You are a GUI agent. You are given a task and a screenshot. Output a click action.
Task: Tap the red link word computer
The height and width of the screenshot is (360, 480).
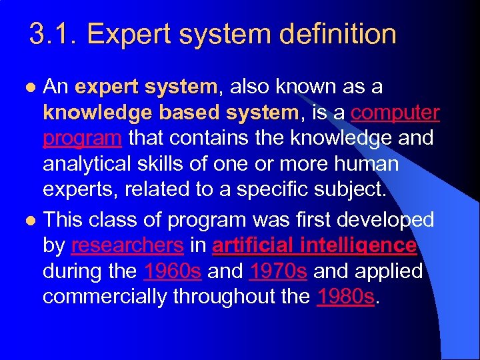coord(395,113)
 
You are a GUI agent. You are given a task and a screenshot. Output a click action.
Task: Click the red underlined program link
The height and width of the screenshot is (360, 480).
coord(82,138)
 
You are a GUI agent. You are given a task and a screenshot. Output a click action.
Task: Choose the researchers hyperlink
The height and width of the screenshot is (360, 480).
coord(127,245)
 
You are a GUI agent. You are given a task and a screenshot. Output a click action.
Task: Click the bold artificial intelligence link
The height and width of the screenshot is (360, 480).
coord(314,245)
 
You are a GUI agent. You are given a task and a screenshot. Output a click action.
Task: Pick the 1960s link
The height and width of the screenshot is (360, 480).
coord(173,271)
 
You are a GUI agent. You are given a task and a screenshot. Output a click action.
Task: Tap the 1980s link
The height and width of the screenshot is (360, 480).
coord(346,297)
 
